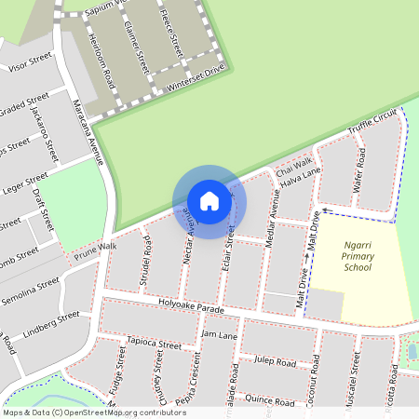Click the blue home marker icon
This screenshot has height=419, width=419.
(209, 201)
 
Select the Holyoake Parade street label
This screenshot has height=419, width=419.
(193, 304)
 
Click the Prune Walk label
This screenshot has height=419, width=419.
(96, 250)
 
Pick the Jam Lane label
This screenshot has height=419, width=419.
(221, 333)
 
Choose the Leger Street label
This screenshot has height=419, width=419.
(25, 178)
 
